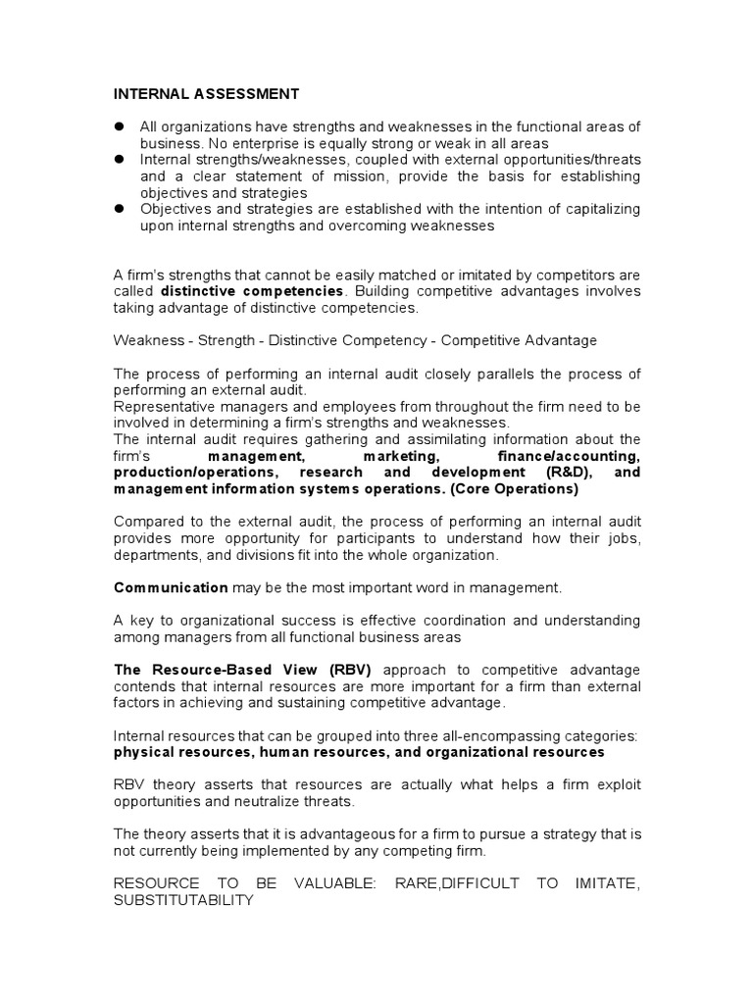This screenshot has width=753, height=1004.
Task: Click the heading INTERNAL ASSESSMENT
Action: [206, 94]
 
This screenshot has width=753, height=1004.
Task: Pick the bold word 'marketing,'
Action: [399, 456]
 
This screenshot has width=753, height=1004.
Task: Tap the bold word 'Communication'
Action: [172, 587]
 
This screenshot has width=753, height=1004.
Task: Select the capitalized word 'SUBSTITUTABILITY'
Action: [184, 900]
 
